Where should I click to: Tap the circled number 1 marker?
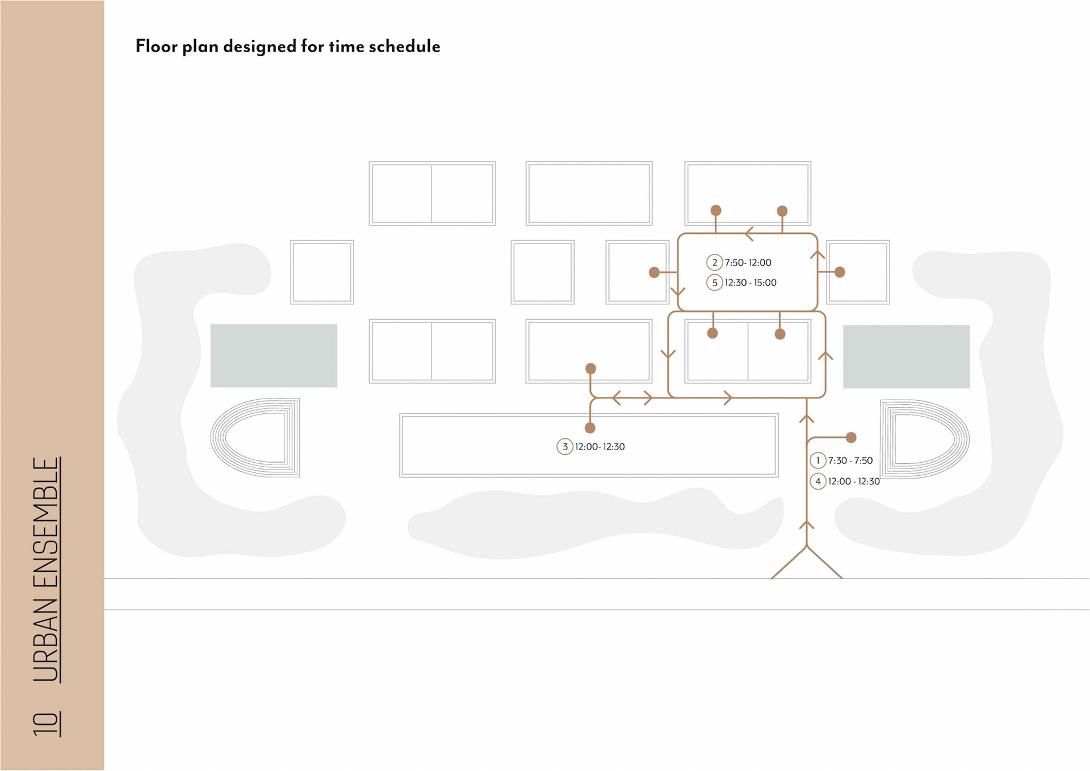pyautogui.click(x=817, y=460)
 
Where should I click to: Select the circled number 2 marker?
pyautogui.click(x=714, y=262)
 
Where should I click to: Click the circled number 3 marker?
pyautogui.click(x=564, y=447)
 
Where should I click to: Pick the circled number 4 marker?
pyautogui.click(x=817, y=481)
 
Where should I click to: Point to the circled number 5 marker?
pyautogui.click(x=714, y=283)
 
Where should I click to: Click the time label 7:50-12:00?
pyautogui.click(x=748, y=262)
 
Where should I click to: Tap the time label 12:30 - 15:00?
pyautogui.click(x=751, y=283)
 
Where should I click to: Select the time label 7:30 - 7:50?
pyautogui.click(x=850, y=460)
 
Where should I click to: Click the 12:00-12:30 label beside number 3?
pyautogui.click(x=599, y=447)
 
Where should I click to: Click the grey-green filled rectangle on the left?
pyautogui.click(x=274, y=355)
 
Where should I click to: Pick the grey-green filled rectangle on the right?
pyautogui.click(x=906, y=357)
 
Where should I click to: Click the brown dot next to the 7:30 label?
pyautogui.click(x=851, y=437)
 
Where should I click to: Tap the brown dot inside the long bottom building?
pyautogui.click(x=590, y=428)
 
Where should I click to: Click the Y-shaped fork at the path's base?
pyautogui.click(x=806, y=548)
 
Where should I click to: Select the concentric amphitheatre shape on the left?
pyautogui.click(x=255, y=437)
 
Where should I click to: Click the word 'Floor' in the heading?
pyautogui.click(x=156, y=46)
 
